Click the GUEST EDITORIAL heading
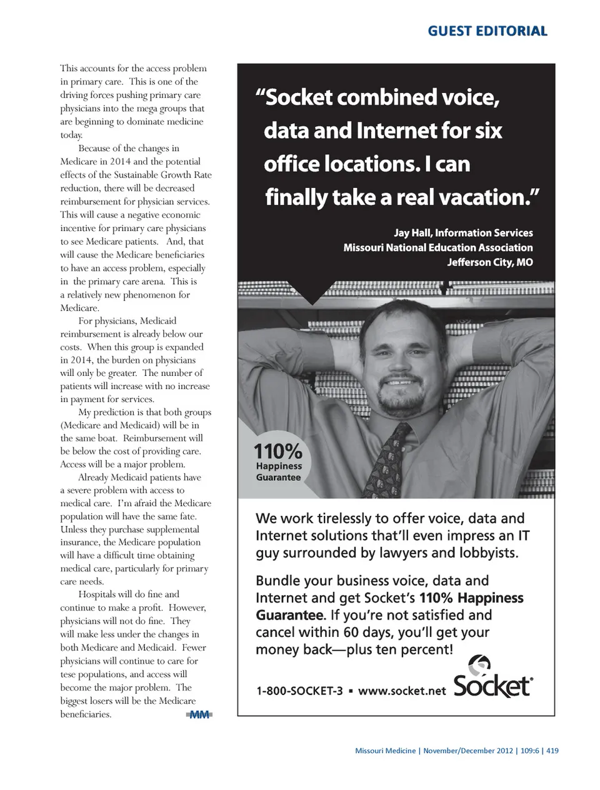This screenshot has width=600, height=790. (487, 31)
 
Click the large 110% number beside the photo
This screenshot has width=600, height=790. (277, 450)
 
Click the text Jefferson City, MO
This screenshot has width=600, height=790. (490, 262)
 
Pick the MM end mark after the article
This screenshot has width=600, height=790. (199, 714)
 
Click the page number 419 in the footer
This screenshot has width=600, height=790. (552, 751)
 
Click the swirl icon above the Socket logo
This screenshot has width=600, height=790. (480, 663)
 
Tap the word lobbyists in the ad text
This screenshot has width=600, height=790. (481, 553)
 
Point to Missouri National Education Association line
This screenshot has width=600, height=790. (437, 248)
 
